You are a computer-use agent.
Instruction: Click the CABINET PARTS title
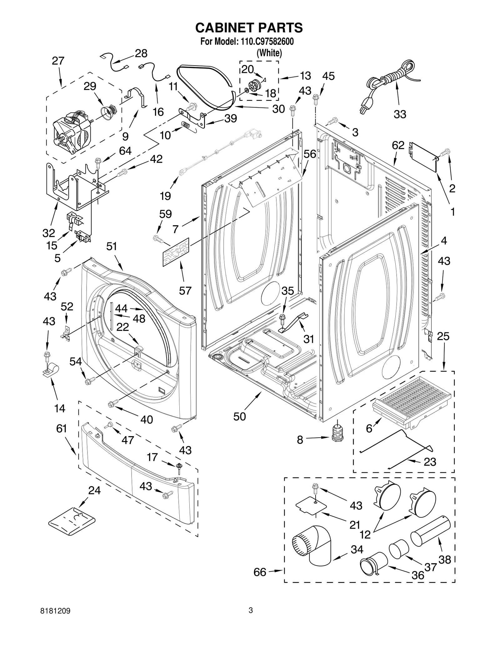[x=249, y=27]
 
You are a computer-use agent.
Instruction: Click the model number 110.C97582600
[x=267, y=42]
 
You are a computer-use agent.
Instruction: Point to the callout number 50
[x=239, y=416]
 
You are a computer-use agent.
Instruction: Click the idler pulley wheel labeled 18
[x=254, y=85]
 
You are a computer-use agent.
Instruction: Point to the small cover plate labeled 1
[x=424, y=157]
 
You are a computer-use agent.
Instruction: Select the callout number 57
[x=185, y=291]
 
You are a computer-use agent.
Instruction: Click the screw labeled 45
[x=316, y=100]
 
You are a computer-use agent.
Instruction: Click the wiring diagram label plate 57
[x=176, y=252]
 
